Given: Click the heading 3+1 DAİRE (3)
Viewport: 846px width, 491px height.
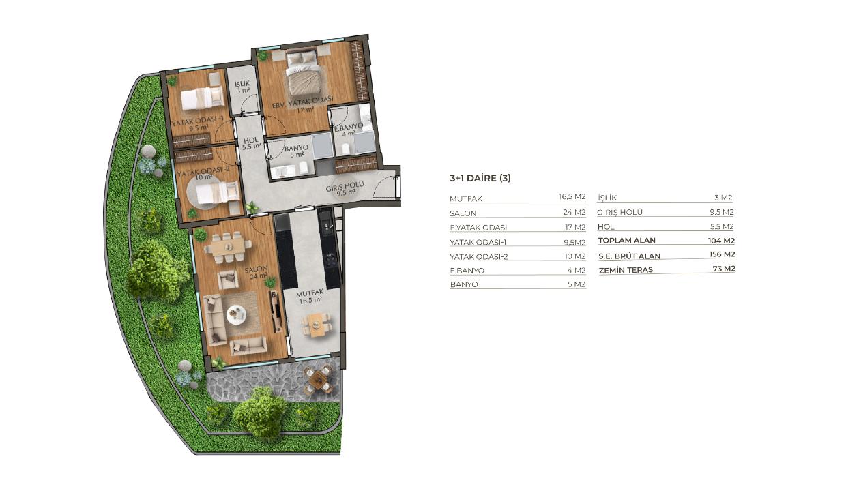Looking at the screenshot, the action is click(480, 178).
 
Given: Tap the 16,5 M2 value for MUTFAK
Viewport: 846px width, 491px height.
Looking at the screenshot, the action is click(572, 196).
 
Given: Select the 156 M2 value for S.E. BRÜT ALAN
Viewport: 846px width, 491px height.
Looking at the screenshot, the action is click(722, 254).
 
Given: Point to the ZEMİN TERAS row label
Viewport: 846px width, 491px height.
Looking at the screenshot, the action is click(626, 270).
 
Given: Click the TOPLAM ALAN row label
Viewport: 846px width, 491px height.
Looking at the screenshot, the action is click(626, 241).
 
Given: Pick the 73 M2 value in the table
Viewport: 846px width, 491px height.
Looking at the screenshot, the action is click(724, 269).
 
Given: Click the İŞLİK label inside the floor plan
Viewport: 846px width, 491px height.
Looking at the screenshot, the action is click(242, 83).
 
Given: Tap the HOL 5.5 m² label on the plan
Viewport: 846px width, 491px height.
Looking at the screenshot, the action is click(251, 143).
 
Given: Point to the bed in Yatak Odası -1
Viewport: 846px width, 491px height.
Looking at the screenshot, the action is click(202, 98).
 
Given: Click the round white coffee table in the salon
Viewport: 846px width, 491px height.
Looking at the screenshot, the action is click(236, 314).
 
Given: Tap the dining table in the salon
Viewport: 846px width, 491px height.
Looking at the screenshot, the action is click(228, 247).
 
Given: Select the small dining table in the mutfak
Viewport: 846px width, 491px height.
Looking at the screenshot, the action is click(317, 325).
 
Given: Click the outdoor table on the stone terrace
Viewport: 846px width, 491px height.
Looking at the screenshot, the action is click(319, 379).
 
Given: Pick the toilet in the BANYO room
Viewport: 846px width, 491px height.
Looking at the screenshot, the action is click(303, 168).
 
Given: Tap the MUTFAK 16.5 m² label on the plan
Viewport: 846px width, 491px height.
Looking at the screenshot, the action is click(310, 297).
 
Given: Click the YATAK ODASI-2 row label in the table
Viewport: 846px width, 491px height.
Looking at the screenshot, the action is click(478, 256).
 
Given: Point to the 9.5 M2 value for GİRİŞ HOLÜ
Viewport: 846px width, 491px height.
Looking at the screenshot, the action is click(722, 212).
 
